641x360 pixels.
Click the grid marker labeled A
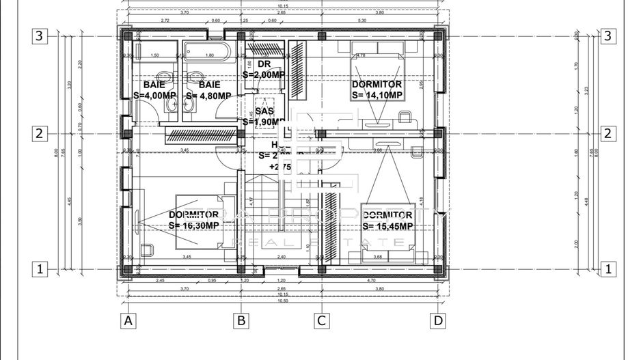(x=126, y=320)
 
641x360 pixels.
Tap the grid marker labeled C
(x=321, y=320)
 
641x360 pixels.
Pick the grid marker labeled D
(x=438, y=320)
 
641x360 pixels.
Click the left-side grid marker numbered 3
(x=40, y=36)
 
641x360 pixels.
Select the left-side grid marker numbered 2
(x=40, y=134)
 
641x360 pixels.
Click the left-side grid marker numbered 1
(x=40, y=269)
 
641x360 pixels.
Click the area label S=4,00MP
(x=155, y=96)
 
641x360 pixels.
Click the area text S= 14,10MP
(x=377, y=96)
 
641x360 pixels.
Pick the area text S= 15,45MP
(x=387, y=226)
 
